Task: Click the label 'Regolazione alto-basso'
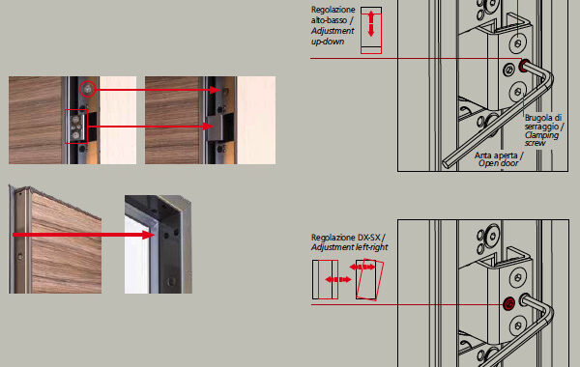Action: (333, 14)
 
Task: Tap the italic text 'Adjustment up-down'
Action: (333, 37)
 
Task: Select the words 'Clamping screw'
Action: (541, 139)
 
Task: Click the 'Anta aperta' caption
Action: (499, 155)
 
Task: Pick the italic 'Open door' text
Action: (498, 163)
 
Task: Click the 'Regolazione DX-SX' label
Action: (348, 238)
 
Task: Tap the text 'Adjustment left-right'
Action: (350, 247)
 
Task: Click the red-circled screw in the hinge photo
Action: (88, 89)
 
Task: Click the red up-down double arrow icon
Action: (371, 23)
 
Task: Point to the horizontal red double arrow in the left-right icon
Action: (338, 279)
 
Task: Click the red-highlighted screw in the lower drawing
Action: (509, 304)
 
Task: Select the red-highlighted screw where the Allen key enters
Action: (523, 66)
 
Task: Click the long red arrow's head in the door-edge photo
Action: (149, 235)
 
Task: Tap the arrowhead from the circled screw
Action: (215, 90)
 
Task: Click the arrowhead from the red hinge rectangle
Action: (208, 127)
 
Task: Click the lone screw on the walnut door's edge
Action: (20, 256)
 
